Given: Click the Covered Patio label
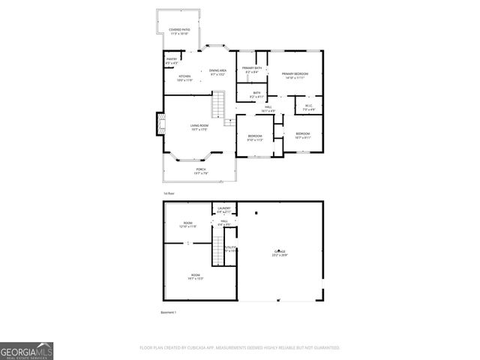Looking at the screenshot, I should [178, 32].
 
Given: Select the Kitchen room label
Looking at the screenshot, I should [184, 78].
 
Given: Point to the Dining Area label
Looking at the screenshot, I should [218, 72].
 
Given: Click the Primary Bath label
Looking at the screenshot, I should [252, 70].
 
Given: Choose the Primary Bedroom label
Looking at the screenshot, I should [295, 75].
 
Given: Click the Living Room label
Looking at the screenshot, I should [199, 127].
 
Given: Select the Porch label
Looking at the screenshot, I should [201, 171].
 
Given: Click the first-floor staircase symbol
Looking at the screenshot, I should [218, 105].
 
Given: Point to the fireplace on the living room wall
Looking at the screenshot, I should [159, 124].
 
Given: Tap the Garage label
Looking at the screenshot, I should [280, 254].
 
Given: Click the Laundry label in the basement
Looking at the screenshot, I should [223, 210].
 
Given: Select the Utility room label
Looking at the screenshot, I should [230, 248].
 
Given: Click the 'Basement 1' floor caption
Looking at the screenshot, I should [169, 312].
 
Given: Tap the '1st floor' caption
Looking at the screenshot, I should [169, 193].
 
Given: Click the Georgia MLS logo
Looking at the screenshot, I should [26, 350].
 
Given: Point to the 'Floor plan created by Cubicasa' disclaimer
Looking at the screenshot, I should [240, 347].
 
